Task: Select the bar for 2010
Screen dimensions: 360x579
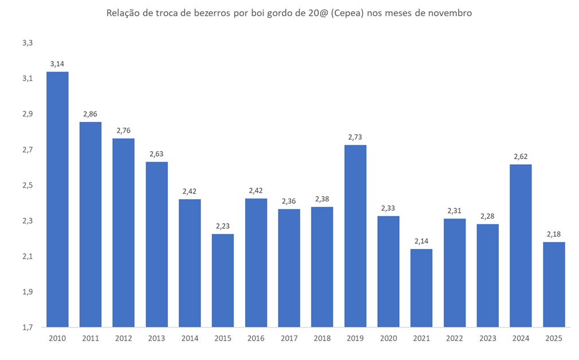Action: pyautogui.click(x=57, y=199)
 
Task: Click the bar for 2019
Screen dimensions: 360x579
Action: pyautogui.click(x=355, y=236)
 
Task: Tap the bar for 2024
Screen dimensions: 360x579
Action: pyautogui.click(x=521, y=246)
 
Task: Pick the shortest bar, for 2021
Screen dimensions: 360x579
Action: pyautogui.click(x=422, y=288)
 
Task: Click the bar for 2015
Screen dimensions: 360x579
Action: pyautogui.click(x=223, y=280)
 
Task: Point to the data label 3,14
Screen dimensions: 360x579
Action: pyautogui.click(x=57, y=64)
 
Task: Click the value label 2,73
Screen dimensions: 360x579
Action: pyautogui.click(x=355, y=137)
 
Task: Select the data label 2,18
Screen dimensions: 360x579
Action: pyautogui.click(x=554, y=234)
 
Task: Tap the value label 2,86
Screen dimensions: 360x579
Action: pyautogui.click(x=90, y=114)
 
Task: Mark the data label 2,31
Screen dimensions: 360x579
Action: pyautogui.click(x=454, y=211)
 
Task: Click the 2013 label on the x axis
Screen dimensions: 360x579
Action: pyautogui.click(x=156, y=338)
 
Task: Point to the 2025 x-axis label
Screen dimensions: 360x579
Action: pyautogui.click(x=554, y=338)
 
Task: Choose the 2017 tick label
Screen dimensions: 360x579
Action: pyautogui.click(x=289, y=338)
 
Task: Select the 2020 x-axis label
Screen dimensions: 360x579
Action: pyautogui.click(x=388, y=338)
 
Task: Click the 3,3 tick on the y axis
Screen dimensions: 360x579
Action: pyautogui.click(x=27, y=43)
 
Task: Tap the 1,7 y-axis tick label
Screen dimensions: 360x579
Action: pyautogui.click(x=27, y=327)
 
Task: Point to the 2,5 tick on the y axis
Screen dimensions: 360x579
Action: pyautogui.click(x=27, y=185)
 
